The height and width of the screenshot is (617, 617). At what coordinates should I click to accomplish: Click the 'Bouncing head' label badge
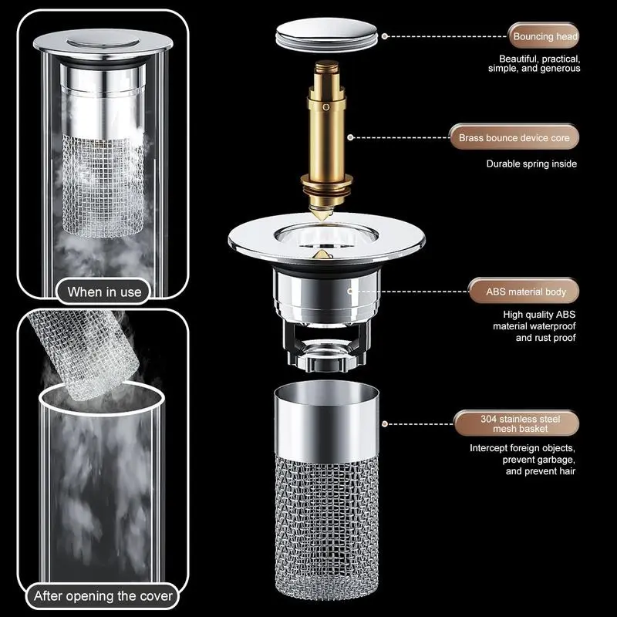[x=544, y=36]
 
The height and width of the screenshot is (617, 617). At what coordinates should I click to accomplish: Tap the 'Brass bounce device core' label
[x=514, y=138]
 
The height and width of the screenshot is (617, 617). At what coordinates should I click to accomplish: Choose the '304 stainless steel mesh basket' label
[x=518, y=423]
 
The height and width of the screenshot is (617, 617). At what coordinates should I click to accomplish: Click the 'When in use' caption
[x=104, y=292]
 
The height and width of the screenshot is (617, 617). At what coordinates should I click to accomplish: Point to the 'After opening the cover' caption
[x=103, y=595]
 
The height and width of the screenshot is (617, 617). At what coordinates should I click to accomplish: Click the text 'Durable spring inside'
[x=531, y=164]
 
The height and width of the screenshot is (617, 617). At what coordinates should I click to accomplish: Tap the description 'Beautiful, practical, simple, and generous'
[x=538, y=63]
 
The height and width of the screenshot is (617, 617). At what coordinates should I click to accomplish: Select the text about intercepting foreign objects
[x=523, y=459]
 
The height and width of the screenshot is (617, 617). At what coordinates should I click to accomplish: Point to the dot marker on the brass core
[x=351, y=138]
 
